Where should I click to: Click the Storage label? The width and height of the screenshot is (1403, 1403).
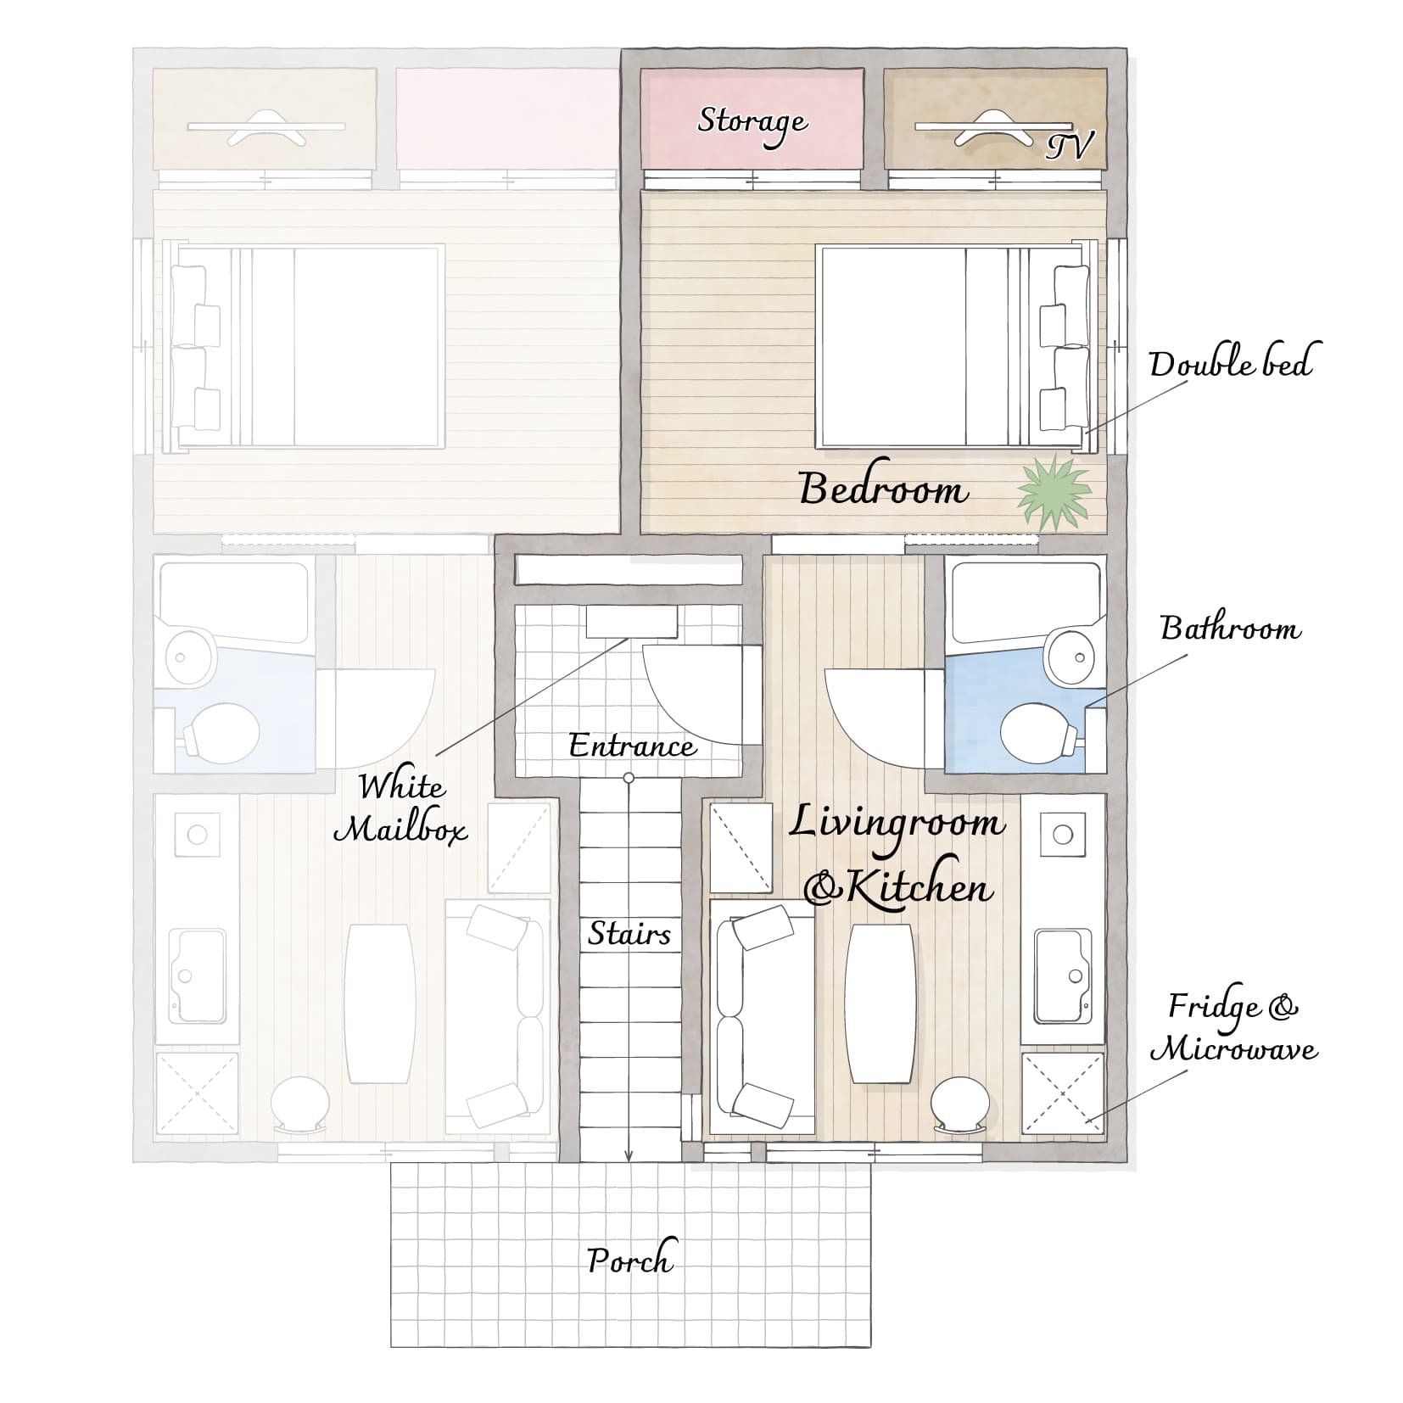point(752,124)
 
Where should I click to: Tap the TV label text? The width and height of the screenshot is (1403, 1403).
point(1069,146)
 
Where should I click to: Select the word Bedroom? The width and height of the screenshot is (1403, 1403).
point(883,489)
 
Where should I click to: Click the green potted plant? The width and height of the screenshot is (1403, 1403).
point(1054,492)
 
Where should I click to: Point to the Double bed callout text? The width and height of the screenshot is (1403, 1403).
point(1230,363)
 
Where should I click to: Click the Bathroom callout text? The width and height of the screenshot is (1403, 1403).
point(1230,629)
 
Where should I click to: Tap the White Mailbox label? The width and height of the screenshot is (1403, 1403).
point(401,808)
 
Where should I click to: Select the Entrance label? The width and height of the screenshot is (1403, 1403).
point(632,746)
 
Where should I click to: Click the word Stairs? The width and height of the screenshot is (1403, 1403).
point(629,934)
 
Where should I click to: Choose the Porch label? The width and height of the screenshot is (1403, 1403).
point(631,1260)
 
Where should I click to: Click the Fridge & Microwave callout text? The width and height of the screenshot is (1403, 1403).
point(1233,1028)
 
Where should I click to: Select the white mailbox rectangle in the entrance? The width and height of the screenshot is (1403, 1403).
point(632,622)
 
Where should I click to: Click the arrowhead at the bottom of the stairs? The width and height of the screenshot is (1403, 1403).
point(629,1154)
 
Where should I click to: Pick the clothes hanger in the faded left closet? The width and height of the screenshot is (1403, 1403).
point(266,127)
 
